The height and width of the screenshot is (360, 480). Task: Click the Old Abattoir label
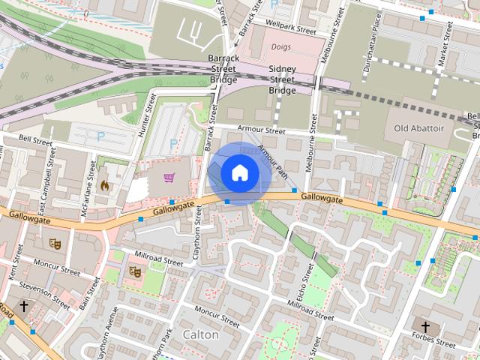tap(419, 129)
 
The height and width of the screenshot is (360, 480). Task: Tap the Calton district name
tap(201, 334)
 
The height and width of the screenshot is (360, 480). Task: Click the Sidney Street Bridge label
tap(282, 79)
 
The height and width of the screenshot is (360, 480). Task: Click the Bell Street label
tap(35, 139)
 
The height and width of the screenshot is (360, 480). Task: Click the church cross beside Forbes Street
tap(425, 326)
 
